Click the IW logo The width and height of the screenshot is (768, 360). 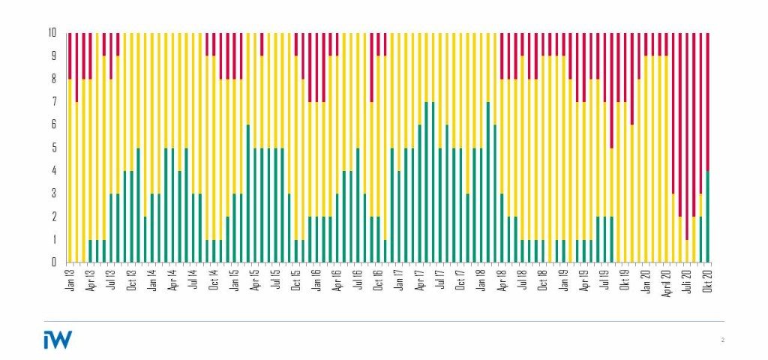[x=58, y=340]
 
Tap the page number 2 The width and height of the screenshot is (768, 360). [x=722, y=340]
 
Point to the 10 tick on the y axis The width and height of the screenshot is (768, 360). [x=52, y=33]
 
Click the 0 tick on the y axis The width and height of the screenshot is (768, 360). [x=54, y=262]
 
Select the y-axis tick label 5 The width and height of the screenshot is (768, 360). [x=54, y=148]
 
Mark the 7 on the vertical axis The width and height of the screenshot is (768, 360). [x=54, y=102]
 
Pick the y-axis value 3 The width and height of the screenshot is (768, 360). [x=54, y=193]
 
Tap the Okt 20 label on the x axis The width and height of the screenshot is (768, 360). [x=708, y=278]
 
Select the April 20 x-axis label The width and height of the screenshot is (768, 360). [x=667, y=280]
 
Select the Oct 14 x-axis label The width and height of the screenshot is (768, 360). [x=214, y=278]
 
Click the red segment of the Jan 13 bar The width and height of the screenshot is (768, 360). [x=70, y=55]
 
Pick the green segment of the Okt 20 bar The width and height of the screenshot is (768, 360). [x=708, y=217]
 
